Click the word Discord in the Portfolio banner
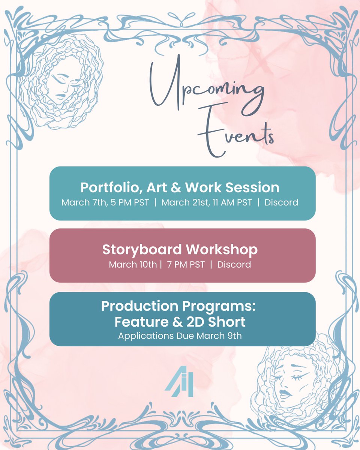pyautogui.click(x=281, y=202)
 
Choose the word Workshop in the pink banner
pyautogui.click(x=223, y=249)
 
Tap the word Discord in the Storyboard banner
pyautogui.click(x=234, y=264)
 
